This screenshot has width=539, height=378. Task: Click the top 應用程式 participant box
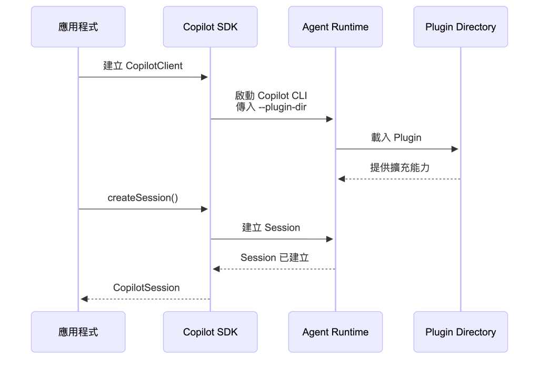click(78, 27)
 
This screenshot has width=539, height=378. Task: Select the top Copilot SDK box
click(210, 27)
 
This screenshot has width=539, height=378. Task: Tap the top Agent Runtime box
click(335, 27)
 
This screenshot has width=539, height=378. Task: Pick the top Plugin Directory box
click(461, 27)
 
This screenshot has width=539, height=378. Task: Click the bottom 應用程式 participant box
click(78, 332)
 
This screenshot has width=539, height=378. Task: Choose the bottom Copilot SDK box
click(210, 332)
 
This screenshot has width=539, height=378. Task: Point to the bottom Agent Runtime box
click(335, 332)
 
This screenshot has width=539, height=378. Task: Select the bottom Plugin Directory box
click(461, 332)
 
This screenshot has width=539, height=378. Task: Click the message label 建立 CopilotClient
click(143, 66)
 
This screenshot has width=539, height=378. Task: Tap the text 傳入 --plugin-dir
click(271, 107)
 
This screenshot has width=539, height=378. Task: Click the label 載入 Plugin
click(396, 137)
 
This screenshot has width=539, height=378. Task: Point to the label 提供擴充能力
click(400, 167)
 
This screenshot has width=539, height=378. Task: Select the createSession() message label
click(143, 198)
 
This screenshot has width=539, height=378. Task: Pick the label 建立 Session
click(271, 227)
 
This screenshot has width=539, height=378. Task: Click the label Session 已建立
click(275, 257)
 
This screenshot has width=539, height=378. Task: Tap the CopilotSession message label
click(146, 287)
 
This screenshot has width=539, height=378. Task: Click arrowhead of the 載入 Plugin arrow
click(455, 149)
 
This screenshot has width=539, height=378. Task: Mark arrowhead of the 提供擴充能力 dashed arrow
click(341, 179)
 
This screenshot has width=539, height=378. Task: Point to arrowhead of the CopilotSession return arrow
click(84, 299)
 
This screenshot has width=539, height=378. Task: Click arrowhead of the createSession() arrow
click(205, 209)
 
